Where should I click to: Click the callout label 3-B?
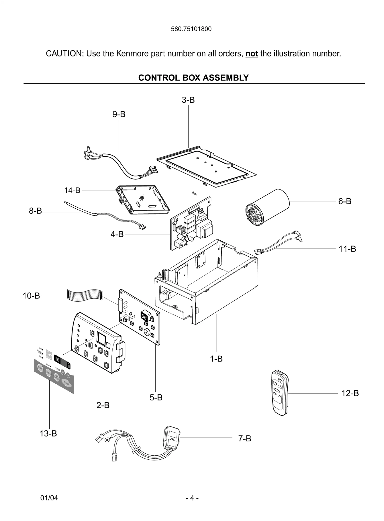188,100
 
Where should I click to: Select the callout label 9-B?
119,114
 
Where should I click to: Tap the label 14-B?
72,190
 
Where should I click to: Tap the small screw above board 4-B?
194,194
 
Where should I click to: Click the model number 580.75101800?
191,29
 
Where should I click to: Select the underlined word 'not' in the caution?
251,54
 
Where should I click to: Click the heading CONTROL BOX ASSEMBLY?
193,78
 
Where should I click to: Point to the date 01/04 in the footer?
49,498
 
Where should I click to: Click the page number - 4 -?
192,498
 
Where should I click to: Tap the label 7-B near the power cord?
245,438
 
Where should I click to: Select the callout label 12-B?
350,393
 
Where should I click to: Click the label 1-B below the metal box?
216,359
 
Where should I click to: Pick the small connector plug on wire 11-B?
258,252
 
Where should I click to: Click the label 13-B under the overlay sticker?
48,433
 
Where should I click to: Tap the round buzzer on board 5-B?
147,332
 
